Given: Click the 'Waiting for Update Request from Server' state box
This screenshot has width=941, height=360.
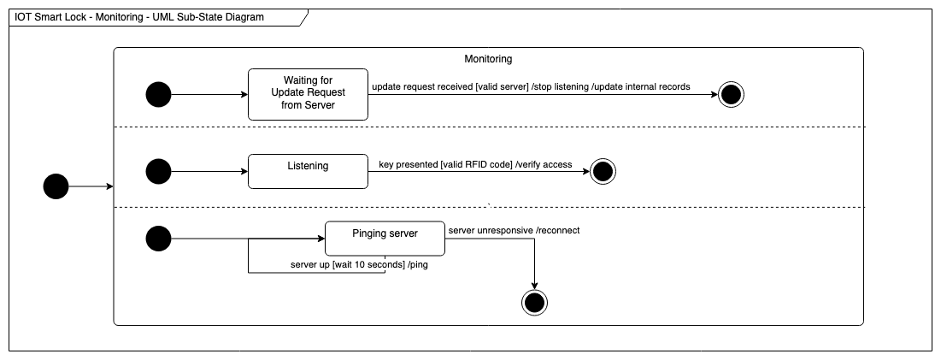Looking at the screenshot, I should click(x=308, y=94).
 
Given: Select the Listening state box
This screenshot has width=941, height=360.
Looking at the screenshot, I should click(x=308, y=171).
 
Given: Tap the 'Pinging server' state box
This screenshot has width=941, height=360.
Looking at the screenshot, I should click(x=384, y=239).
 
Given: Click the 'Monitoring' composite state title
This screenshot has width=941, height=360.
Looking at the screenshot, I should click(x=488, y=59).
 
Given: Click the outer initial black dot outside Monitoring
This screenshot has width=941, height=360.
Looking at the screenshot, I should click(x=56, y=186).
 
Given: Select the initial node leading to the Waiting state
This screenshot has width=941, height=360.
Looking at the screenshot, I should click(x=159, y=94).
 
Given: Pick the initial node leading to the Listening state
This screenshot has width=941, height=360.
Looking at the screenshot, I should click(x=159, y=171).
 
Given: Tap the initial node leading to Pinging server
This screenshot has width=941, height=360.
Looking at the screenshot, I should click(x=159, y=239).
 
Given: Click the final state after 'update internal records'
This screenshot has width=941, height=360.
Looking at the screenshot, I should click(x=731, y=94).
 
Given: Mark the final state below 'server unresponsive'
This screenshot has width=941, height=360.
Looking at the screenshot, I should click(x=534, y=301).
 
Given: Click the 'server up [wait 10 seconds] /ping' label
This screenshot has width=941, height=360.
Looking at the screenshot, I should click(x=359, y=265).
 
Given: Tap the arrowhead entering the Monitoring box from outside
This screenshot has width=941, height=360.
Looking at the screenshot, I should click(x=109, y=186).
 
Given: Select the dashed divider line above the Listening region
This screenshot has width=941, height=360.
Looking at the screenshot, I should click(x=488, y=127).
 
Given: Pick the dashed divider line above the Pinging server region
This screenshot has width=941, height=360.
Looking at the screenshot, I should click(x=488, y=207).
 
